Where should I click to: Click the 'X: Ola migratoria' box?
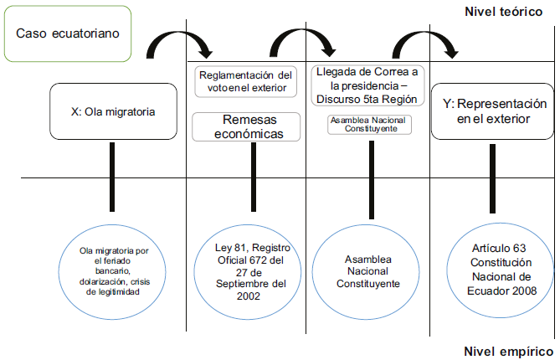(114, 110)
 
